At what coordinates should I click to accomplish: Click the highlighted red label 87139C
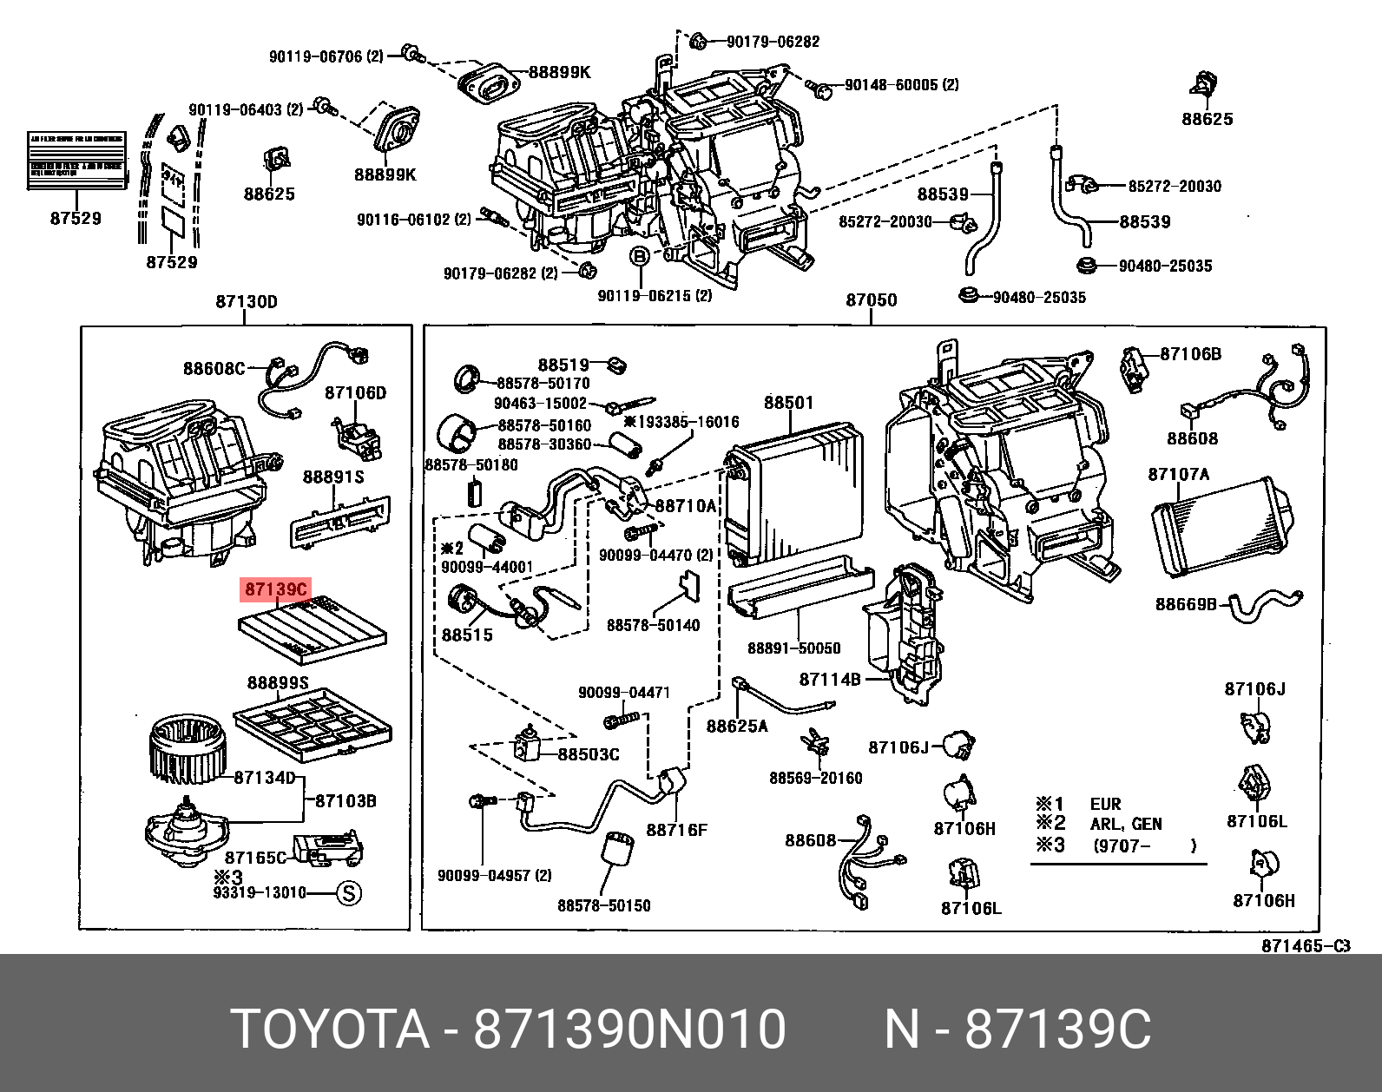click(x=276, y=590)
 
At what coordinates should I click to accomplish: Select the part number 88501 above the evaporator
click(x=788, y=403)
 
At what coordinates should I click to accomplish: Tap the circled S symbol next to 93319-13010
click(x=349, y=893)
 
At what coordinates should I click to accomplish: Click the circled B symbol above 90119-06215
click(x=639, y=256)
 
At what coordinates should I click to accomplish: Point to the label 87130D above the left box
click(x=247, y=302)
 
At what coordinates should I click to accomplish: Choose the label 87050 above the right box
click(x=871, y=300)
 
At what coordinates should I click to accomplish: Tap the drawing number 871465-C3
click(x=1305, y=946)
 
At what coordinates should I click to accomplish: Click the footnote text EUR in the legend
click(x=1105, y=804)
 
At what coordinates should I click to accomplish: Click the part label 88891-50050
click(x=793, y=648)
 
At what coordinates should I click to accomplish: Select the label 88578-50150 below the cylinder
click(x=603, y=905)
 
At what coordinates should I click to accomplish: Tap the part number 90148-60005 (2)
click(x=901, y=85)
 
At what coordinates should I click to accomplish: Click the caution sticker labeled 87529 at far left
click(x=76, y=161)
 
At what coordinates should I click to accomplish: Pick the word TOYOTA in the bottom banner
click(x=331, y=1030)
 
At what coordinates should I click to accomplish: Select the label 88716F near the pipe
click(x=676, y=830)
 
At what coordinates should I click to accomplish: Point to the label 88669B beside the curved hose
click(x=1186, y=604)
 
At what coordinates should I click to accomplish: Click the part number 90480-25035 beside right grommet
click(x=1165, y=266)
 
